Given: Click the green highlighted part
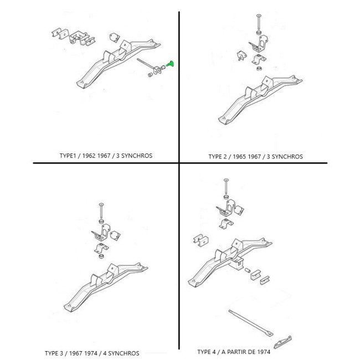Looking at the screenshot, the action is click(x=170, y=64).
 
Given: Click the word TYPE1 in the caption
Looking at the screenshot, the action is click(x=68, y=156).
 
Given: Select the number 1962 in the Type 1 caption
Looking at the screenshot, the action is click(x=89, y=156).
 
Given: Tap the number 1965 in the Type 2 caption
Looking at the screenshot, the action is click(x=239, y=157).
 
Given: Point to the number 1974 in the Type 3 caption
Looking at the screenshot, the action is click(x=91, y=353).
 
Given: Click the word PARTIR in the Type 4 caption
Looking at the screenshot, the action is click(x=240, y=352).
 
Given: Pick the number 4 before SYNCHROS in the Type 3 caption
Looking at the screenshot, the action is click(x=105, y=353).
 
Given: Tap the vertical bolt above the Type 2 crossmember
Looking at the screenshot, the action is click(x=259, y=22).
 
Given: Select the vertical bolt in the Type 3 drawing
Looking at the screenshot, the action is click(x=101, y=211).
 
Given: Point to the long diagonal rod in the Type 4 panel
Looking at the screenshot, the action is click(x=251, y=322).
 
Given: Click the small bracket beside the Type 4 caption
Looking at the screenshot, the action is click(x=282, y=342).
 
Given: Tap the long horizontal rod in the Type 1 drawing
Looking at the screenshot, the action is click(x=146, y=64).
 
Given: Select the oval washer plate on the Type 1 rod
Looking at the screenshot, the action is click(x=158, y=70).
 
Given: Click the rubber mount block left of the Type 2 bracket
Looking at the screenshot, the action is click(x=241, y=56).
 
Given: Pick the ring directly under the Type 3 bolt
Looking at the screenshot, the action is click(x=101, y=222).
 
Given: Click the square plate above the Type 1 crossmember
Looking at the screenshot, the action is click(x=115, y=38).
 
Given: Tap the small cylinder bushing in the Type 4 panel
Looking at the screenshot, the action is click(x=247, y=270).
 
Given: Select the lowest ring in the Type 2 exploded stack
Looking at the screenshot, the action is click(x=259, y=68).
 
